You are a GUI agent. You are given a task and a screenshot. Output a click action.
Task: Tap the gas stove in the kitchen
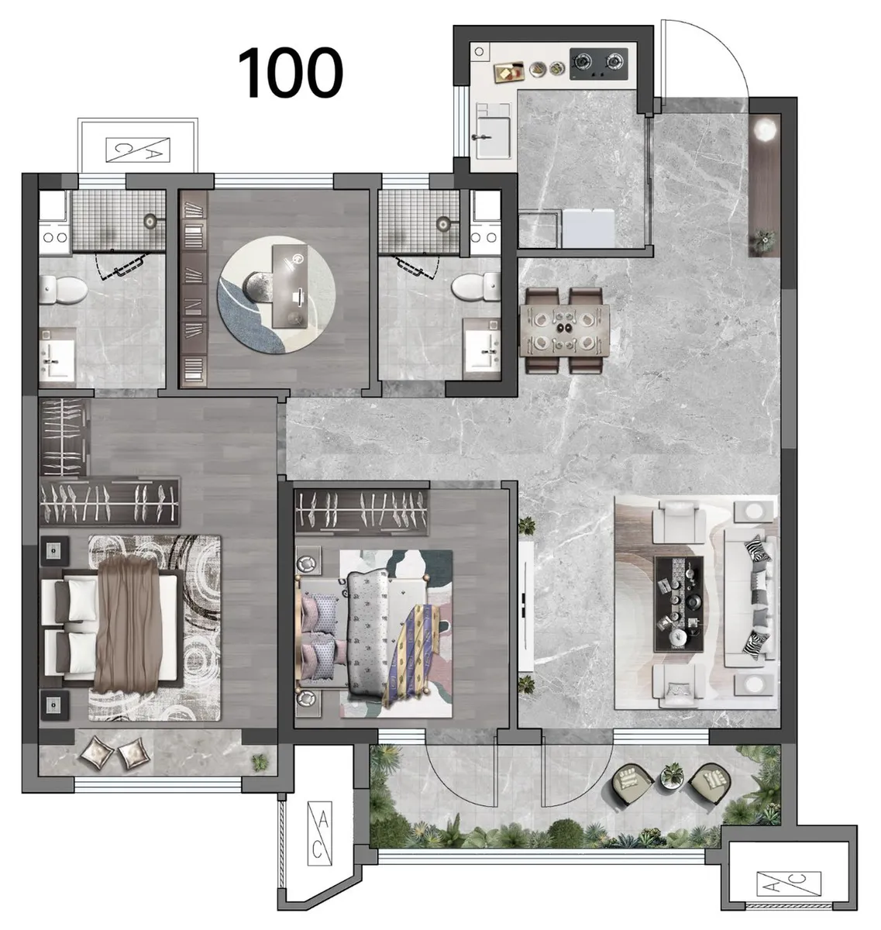coord(598,64)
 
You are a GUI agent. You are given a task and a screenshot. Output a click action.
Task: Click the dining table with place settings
coord(564,330)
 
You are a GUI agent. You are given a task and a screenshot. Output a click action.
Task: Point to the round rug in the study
coord(277,294)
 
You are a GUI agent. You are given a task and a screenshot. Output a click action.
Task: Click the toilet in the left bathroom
coord(63,290)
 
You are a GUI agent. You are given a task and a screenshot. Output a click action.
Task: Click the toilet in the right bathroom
coord(476,286)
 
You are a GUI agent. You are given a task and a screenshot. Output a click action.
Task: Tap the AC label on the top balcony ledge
coord(138,150)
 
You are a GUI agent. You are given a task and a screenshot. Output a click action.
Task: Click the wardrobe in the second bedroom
coord(362,513)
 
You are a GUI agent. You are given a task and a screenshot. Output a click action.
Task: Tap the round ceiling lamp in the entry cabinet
coord(765,129)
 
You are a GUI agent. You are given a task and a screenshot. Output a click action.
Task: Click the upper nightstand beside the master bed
coord(54,550)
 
